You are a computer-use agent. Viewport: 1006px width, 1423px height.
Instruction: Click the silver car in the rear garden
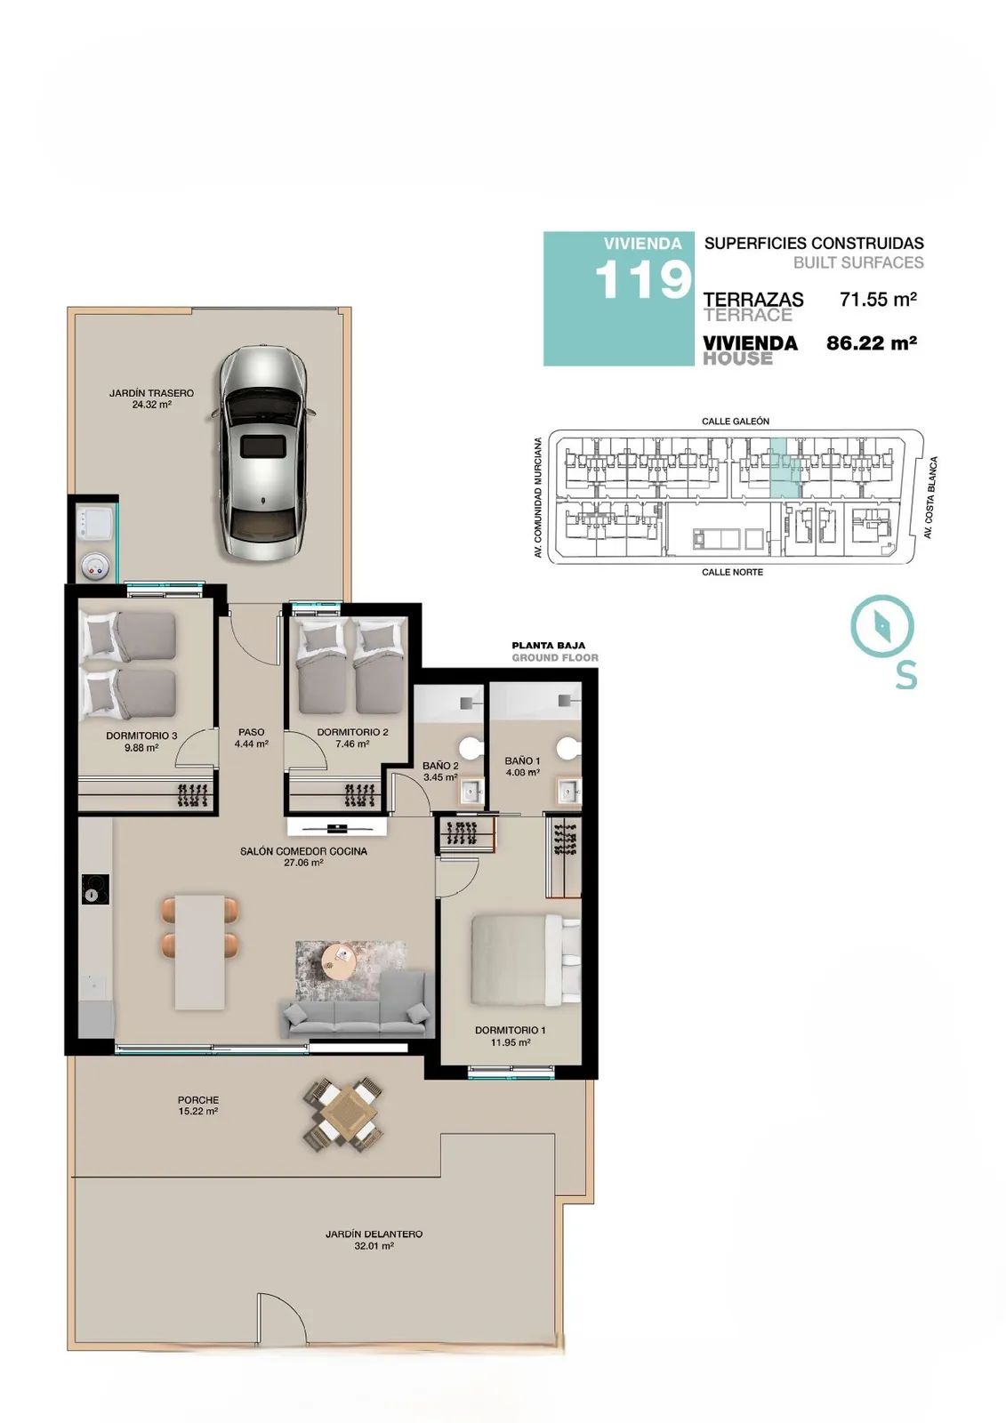coord(263,453)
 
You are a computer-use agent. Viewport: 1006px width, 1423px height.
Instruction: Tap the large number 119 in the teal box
coord(642,280)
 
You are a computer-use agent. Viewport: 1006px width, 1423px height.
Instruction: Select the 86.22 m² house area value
coord(872,343)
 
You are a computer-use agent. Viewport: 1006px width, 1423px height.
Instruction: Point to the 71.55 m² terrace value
coord(878,299)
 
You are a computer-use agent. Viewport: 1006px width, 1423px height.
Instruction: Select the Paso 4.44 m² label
coord(251,737)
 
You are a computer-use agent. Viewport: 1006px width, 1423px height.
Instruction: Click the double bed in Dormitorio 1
coord(526,960)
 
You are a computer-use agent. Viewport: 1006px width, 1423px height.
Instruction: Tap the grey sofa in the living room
coord(357,1005)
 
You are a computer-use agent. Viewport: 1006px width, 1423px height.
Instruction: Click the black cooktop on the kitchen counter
coord(95,888)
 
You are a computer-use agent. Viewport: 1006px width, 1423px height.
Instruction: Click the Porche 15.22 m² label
coord(198,1105)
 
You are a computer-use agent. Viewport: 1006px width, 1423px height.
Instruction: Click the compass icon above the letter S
coord(882,625)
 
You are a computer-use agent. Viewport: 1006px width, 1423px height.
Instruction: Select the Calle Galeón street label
coord(736,422)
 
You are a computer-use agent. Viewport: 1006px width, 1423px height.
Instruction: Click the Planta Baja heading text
coord(549,646)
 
